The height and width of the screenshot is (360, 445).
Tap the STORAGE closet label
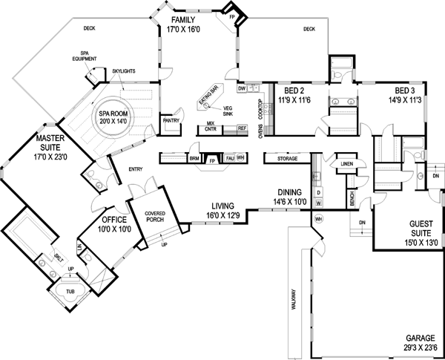click(288, 158)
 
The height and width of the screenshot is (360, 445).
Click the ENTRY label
click(135, 168)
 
